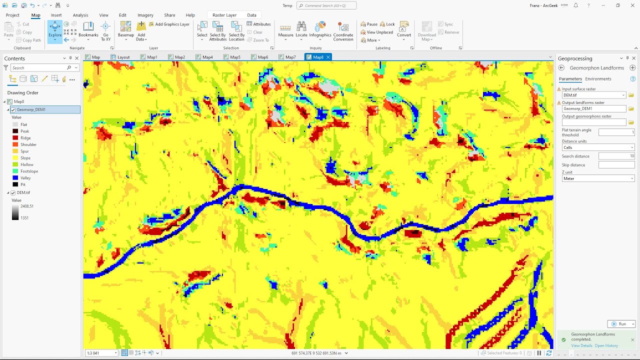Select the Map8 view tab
coord(318,57)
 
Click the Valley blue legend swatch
coord(15,178)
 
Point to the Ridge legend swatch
coord(15,138)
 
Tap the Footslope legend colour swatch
coord(15,171)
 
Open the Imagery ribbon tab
coord(145,15)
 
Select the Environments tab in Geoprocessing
coord(598,79)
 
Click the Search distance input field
coord(616,156)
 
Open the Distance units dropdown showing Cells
coord(598,147)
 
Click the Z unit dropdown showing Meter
coord(598,178)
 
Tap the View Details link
coord(581,345)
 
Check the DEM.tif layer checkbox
coord(13,192)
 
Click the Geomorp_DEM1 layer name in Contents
coord(31,109)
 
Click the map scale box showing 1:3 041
coord(101,353)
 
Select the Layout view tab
coord(123,57)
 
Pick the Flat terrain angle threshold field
coord(616,132)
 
